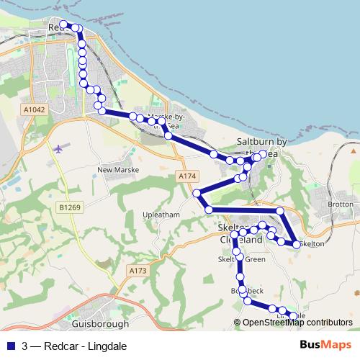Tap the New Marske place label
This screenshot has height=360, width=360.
coord(117,170)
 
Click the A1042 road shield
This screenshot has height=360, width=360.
coord(34,109)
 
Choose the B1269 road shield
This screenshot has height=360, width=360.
coord(70,207)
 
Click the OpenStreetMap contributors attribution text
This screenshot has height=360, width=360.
coord(297,323)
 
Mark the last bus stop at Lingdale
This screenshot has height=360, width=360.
coord(293,316)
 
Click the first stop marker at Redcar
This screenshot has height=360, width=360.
coord(63,24)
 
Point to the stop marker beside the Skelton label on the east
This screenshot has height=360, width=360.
coord(297,244)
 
